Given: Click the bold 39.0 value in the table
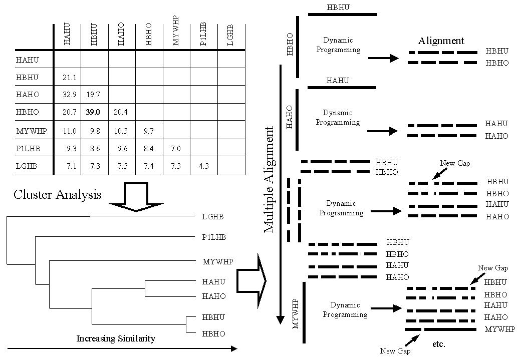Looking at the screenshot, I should [93, 113].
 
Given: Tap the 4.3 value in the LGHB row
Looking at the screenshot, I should [203, 166].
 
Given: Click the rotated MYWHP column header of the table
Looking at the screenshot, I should [176, 31].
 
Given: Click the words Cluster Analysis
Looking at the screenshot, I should [58, 194].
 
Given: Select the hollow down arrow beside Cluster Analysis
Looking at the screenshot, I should [136, 196].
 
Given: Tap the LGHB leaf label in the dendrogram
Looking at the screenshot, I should [213, 217].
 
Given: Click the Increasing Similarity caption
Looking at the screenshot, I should [116, 338].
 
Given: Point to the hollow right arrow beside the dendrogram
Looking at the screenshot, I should [251, 280].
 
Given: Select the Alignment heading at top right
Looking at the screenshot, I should [441, 41].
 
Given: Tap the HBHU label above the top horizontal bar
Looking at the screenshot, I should [338, 8].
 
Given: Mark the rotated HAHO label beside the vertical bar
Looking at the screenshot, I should [290, 117].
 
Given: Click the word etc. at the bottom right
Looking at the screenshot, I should [438, 344].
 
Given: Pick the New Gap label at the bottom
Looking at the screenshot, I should [395, 351].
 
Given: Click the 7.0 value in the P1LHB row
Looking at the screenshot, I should [176, 149].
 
